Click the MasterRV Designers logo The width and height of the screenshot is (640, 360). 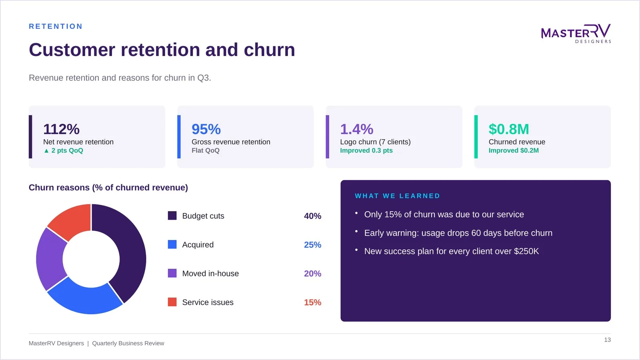click(576, 34)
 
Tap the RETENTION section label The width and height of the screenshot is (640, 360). click(56, 26)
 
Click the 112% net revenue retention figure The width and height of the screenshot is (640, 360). click(61, 129)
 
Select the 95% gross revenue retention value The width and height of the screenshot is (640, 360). click(206, 129)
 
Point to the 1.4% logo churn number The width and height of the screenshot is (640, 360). click(356, 129)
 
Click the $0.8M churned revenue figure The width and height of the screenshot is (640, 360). click(508, 129)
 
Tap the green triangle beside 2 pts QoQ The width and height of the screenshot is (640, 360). click(46, 150)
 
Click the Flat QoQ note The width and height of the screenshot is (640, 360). click(206, 150)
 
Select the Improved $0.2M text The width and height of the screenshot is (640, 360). click(514, 150)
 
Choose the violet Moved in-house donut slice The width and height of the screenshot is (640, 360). click(49, 258)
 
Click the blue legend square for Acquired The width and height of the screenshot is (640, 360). click(172, 244)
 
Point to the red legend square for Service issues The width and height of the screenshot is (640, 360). click(172, 302)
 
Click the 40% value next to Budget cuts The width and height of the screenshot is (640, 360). click(312, 216)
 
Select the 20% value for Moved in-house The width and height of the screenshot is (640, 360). click(312, 274)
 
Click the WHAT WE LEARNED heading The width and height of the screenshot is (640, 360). click(398, 196)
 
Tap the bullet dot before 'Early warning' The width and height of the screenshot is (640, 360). click(356, 231)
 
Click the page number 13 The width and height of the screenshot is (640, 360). click(608, 340)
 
